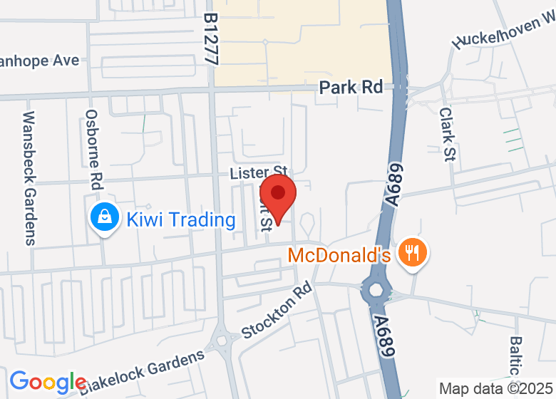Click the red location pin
278,199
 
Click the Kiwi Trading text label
181,219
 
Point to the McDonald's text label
339,255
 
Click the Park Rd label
351,87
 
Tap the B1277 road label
210,39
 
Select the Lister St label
258,173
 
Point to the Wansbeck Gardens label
29,177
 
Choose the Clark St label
447,135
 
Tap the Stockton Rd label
277,310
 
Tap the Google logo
48,382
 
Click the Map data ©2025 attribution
496,389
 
